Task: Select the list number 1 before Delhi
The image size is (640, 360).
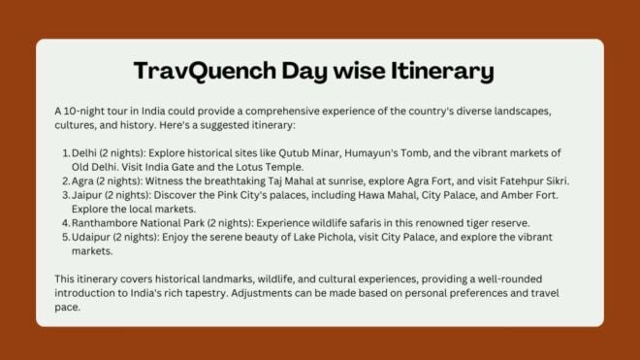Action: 63,153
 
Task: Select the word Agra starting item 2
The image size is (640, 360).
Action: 83,181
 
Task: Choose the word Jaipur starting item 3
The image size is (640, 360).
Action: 85,195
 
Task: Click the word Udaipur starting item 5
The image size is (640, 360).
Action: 89,237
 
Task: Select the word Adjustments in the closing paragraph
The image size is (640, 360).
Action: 309,293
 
